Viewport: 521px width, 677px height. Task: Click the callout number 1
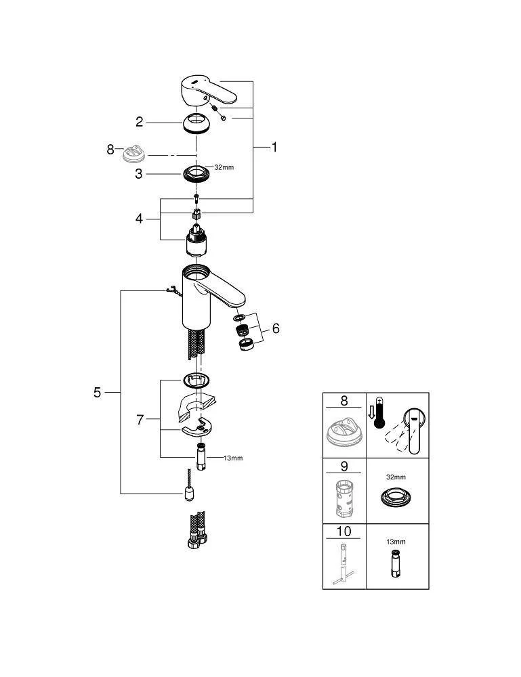tap(274, 146)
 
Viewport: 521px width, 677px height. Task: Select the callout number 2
tap(140, 122)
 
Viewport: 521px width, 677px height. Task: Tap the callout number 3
tap(139, 173)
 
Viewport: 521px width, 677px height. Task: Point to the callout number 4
tap(139, 219)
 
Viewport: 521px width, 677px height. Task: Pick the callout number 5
tap(98, 392)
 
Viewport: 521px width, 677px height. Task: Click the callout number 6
tap(275, 328)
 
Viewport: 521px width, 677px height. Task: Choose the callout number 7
tap(140, 420)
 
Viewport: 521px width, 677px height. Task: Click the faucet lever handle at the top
tap(209, 91)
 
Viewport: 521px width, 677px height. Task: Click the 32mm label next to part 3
tap(224, 167)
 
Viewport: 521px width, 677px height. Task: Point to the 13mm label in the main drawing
tap(232, 458)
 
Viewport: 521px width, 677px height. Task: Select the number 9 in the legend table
tap(343, 466)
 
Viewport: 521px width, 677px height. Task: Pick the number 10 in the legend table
tap(343, 530)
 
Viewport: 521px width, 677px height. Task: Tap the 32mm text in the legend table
tap(396, 477)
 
